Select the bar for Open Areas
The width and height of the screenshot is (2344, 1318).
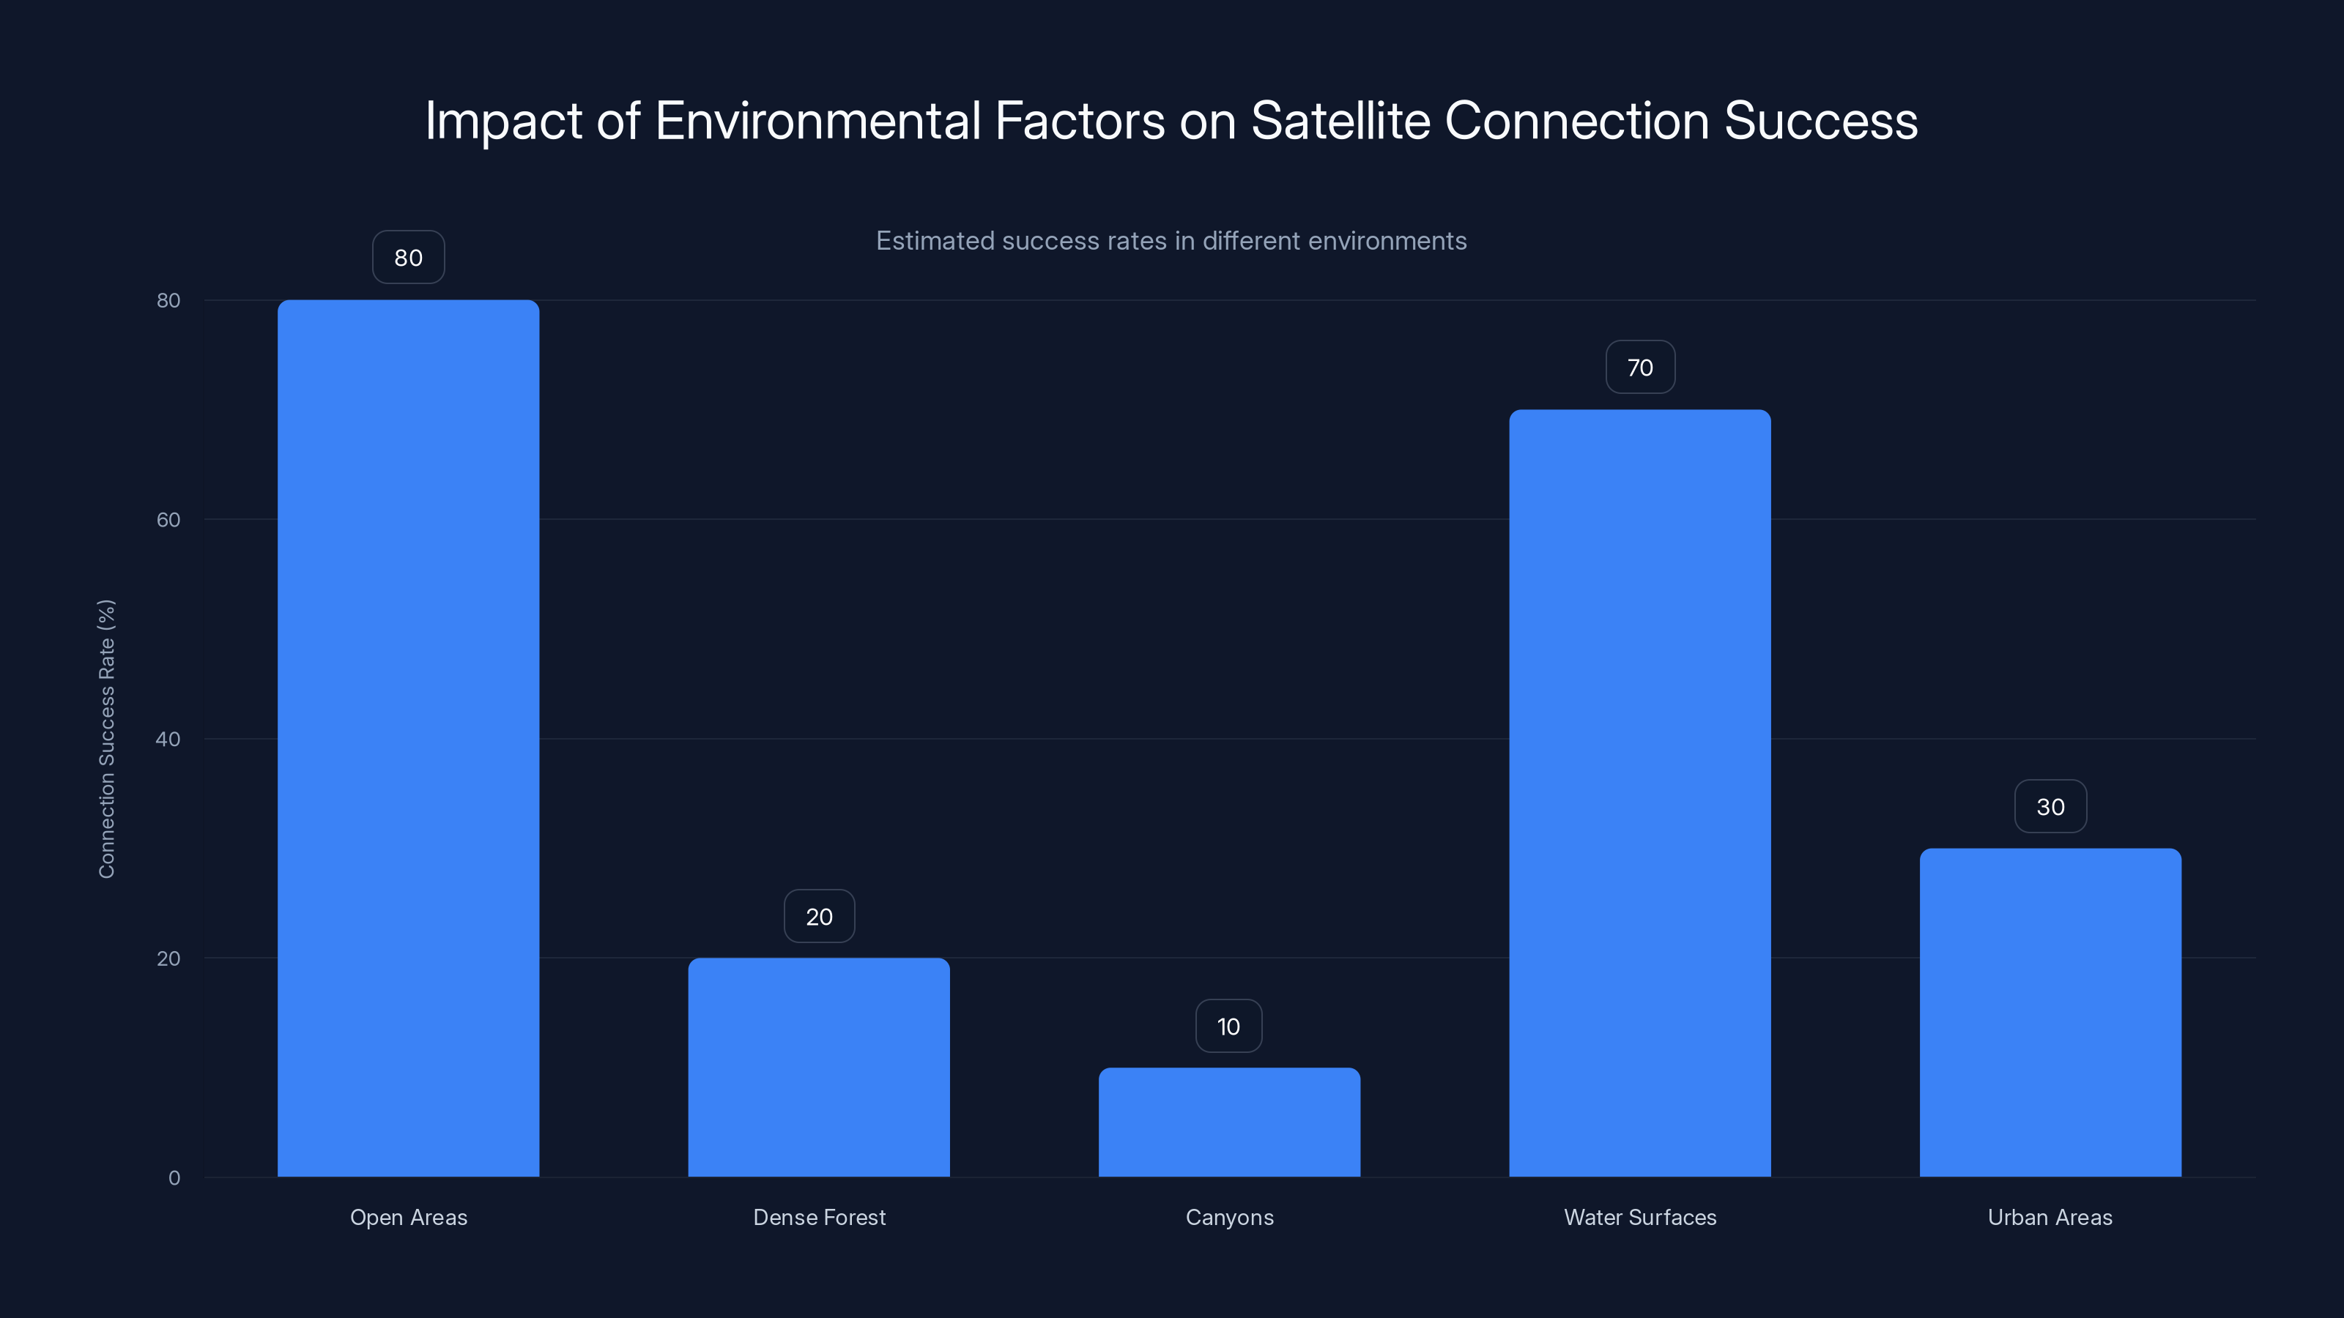click(408, 737)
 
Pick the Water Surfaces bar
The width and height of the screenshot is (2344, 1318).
click(1640, 792)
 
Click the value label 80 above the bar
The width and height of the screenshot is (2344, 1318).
click(409, 258)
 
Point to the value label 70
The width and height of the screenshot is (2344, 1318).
click(1640, 368)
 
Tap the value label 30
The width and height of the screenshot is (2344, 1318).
click(2050, 807)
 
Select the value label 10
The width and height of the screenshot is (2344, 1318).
click(1228, 1027)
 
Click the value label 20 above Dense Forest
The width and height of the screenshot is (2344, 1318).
click(819, 917)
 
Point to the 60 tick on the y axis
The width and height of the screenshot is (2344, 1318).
click(168, 519)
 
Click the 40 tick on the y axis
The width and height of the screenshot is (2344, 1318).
click(168, 739)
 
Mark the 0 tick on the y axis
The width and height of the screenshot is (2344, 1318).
click(174, 1178)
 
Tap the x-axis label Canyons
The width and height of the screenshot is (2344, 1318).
click(1229, 1217)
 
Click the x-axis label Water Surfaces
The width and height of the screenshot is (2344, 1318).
click(1640, 1217)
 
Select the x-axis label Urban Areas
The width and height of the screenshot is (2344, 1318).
click(2050, 1217)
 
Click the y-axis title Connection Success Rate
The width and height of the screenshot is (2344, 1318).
click(106, 739)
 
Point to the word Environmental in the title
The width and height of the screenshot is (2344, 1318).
click(817, 121)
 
